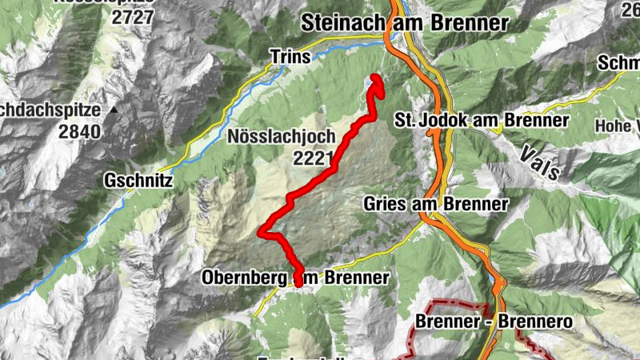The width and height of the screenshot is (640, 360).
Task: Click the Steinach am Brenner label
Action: (x=405, y=24)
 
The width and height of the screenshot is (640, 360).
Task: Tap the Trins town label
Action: (x=289, y=56)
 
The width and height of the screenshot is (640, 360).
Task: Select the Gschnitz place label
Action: (x=138, y=181)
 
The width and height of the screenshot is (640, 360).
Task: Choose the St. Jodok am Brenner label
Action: (x=482, y=120)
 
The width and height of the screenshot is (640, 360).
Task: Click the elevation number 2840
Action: (x=79, y=131)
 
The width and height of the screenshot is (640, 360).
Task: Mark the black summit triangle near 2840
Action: (x=115, y=110)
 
